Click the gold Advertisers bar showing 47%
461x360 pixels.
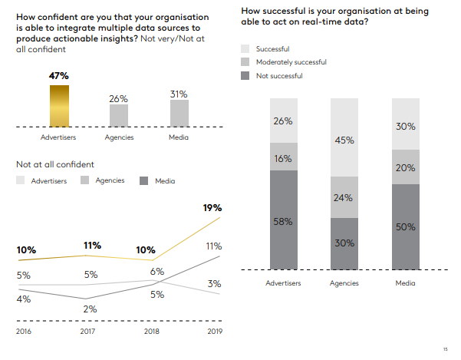click(59, 105)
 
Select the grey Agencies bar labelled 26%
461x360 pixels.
click(119, 115)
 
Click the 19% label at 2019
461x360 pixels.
click(212, 207)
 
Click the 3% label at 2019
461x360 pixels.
click(215, 284)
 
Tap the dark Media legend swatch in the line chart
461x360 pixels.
click(143, 180)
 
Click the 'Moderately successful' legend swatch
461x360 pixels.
click(245, 61)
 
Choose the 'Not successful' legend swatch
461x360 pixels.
click(245, 75)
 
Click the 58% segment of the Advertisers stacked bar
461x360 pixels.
click(283, 220)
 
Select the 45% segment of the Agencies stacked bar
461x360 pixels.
click(344, 139)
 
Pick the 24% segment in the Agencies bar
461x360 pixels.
click(344, 198)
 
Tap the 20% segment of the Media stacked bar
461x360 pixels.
click(405, 167)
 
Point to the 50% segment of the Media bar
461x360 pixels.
click(405, 226)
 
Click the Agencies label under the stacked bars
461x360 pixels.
click(344, 283)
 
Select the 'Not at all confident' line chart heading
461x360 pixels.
click(55, 163)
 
